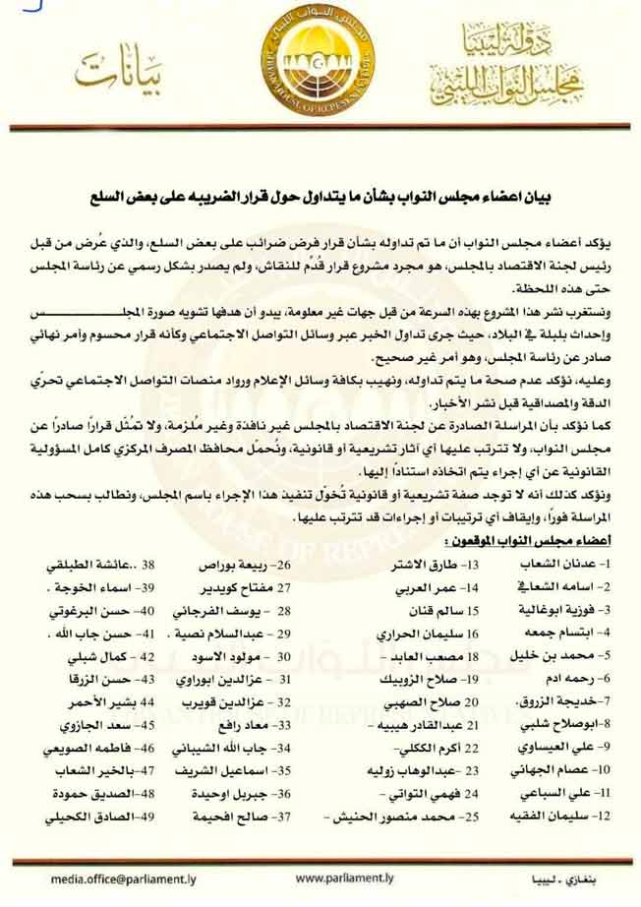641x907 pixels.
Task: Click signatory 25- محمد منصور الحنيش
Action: [x=410, y=816]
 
